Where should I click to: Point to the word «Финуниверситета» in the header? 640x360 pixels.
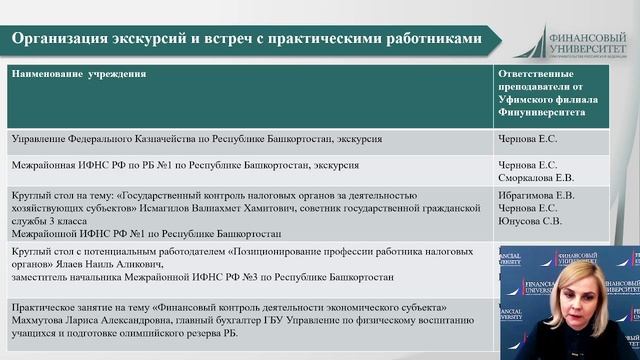point(537,113)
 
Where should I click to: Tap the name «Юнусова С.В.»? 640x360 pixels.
point(528,221)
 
